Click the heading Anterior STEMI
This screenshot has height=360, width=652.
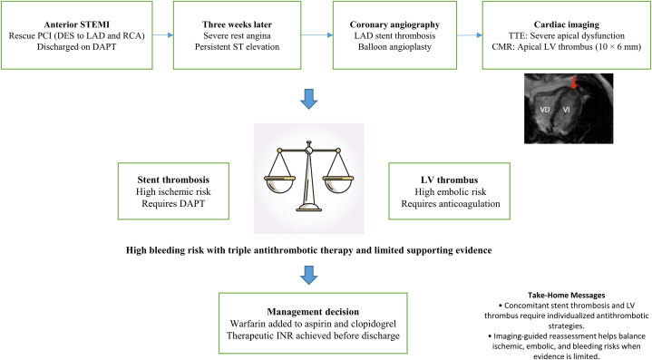[76, 24]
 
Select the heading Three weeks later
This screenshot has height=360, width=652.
[237, 24]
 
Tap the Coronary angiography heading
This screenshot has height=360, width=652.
[394, 25]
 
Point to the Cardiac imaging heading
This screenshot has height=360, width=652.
[567, 25]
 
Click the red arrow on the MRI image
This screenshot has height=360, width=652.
[574, 83]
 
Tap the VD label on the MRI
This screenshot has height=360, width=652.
[545, 110]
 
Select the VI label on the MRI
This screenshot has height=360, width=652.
[567, 110]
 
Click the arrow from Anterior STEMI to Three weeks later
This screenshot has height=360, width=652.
[162, 35]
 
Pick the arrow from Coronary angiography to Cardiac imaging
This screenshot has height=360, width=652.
[470, 35]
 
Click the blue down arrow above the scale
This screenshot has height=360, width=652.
[309, 99]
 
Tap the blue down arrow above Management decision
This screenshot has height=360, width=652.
[309, 275]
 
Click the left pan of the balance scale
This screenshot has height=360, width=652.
[279, 185]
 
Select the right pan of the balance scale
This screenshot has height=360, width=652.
[338, 185]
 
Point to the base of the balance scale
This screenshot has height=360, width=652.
[308, 207]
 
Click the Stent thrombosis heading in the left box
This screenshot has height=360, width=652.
[173, 180]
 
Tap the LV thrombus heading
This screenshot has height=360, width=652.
[449, 180]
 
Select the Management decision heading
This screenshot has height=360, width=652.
[313, 312]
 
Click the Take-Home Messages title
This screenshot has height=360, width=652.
[567, 295]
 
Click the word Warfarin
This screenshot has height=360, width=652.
[247, 324]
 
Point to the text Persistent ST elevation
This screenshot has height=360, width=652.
[237, 46]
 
